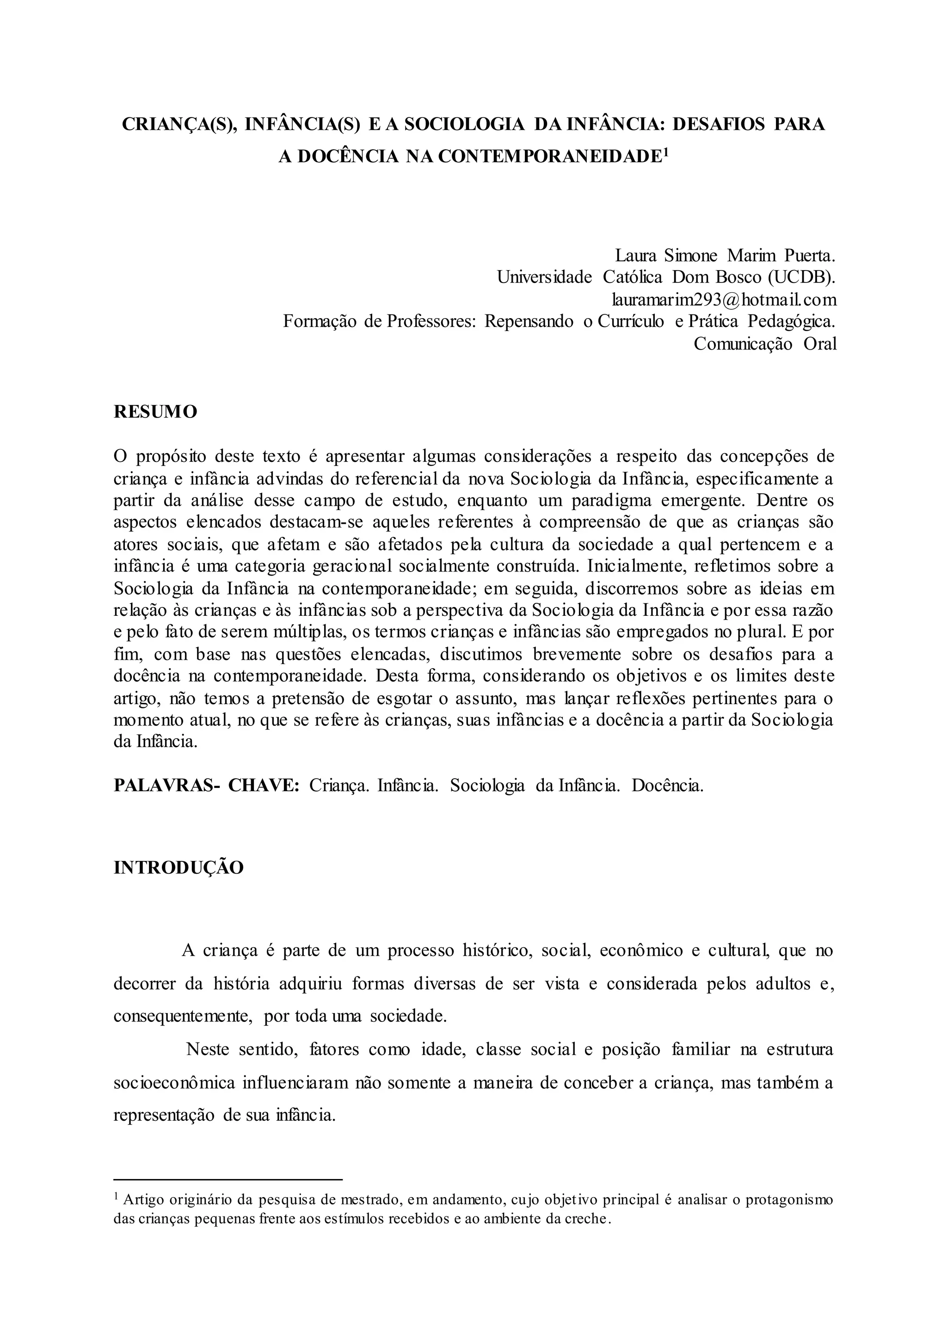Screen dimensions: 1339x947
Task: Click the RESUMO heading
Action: click(x=155, y=412)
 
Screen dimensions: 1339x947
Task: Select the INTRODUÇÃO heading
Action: click(x=178, y=867)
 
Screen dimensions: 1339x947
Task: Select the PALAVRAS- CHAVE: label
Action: click(x=206, y=785)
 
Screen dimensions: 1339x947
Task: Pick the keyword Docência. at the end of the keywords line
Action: click(x=667, y=786)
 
